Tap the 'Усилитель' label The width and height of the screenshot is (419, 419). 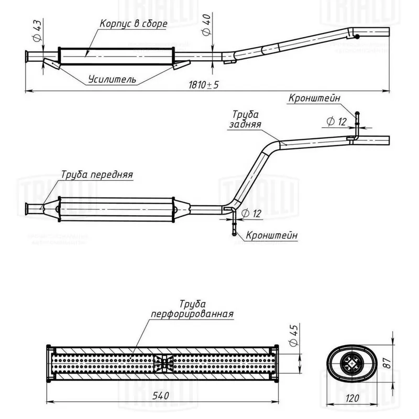click(x=112, y=80)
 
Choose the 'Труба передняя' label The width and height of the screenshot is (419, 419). click(x=97, y=174)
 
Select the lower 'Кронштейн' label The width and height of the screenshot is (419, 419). click(x=271, y=236)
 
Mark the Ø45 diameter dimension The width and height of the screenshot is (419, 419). click(x=293, y=334)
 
